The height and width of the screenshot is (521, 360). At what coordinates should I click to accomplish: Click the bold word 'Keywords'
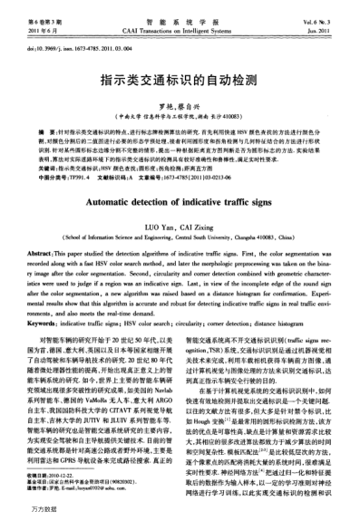[36, 297]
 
